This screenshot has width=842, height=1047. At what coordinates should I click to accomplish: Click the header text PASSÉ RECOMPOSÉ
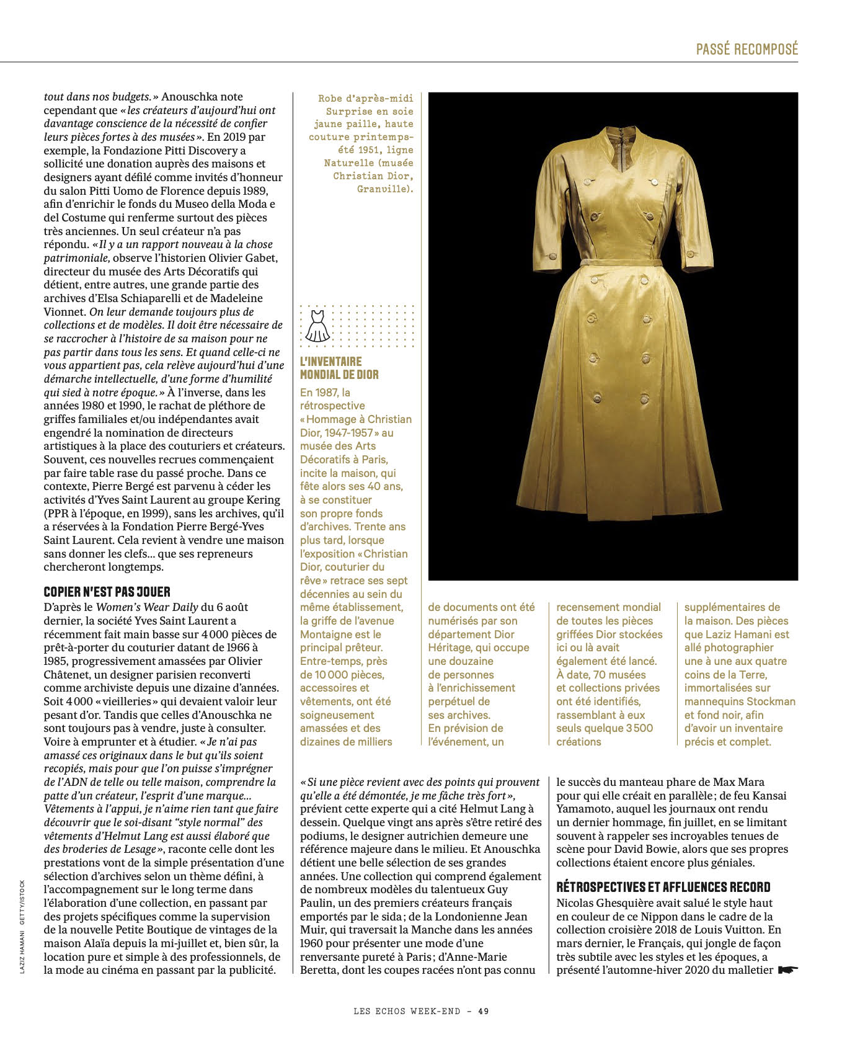coord(747,49)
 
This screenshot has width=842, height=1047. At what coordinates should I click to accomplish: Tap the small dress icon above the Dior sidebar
coord(317,326)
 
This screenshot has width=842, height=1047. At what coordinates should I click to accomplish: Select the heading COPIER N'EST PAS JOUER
coord(107,592)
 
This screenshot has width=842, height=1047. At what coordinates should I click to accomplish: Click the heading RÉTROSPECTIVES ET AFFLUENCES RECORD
coord(663,887)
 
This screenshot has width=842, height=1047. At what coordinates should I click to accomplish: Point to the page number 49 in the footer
coord(484,1011)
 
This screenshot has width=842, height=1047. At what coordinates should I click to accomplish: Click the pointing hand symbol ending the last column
coord(789,969)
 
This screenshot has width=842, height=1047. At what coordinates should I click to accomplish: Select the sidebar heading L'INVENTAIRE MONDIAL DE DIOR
coord(339,368)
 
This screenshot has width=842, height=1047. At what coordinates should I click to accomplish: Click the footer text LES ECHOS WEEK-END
coord(407,1011)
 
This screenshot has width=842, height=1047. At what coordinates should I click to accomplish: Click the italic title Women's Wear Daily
coord(147,607)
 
